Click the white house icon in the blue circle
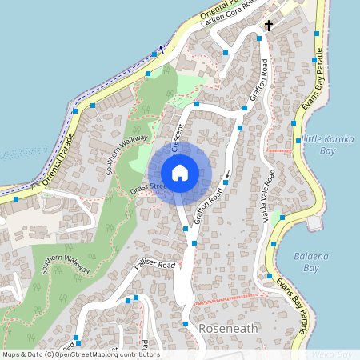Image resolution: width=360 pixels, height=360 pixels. [180, 172]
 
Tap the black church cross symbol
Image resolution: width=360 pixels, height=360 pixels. [269, 26]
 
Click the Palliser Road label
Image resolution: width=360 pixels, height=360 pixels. [154, 265]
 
